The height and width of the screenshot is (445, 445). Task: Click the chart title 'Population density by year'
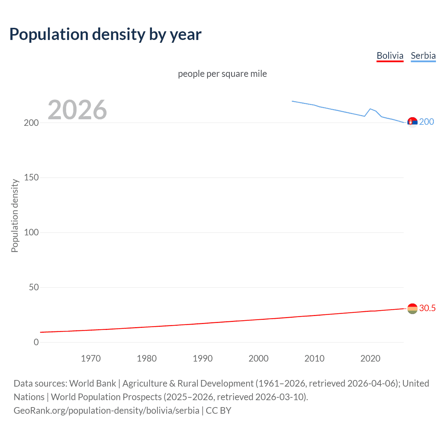[105, 34]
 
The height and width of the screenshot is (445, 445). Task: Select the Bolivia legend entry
[390, 56]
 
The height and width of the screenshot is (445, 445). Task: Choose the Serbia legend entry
[423, 56]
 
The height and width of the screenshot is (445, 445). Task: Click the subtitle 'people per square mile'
[222, 74]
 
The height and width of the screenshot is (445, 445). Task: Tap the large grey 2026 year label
[77, 110]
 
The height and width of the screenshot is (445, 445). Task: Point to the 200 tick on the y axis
[31, 123]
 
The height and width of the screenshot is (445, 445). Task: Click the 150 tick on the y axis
[31, 178]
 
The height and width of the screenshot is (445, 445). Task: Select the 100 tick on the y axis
[31, 232]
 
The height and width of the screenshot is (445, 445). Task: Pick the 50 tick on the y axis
[34, 287]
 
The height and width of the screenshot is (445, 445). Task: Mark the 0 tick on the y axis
[36, 342]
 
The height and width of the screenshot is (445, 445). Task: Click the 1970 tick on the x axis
[91, 358]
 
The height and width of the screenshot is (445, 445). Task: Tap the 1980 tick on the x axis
[147, 358]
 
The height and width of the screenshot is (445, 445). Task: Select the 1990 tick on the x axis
[203, 358]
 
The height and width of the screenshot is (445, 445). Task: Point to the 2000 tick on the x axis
[258, 358]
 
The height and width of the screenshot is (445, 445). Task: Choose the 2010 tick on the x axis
[314, 358]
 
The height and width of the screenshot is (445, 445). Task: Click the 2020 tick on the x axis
[370, 358]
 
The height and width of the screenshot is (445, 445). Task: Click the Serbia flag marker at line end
[412, 122]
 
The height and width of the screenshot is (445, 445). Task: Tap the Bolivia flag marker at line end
[412, 308]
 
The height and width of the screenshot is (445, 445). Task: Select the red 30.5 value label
[427, 308]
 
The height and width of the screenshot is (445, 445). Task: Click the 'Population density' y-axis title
[15, 216]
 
